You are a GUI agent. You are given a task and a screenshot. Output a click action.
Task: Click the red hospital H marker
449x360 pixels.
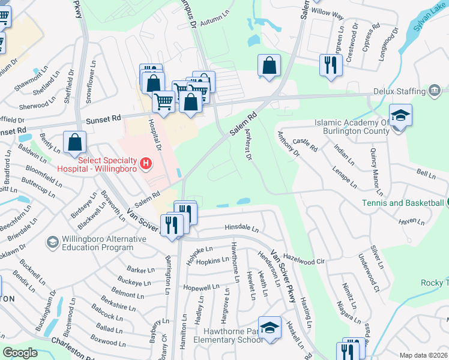click(145, 163)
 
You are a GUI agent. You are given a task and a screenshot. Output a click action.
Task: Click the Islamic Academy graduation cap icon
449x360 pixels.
click(400, 115)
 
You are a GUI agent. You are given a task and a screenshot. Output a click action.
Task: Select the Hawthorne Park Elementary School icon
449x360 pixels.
click(270, 328)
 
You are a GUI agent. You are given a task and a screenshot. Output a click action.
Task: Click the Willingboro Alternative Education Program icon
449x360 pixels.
click(52, 242)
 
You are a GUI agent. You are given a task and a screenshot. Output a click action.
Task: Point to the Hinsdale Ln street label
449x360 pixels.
click(241, 229)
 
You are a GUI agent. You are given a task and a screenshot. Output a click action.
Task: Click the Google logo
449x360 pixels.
click(20, 353)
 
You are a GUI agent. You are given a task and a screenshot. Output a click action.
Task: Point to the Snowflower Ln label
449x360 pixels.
click(91, 83)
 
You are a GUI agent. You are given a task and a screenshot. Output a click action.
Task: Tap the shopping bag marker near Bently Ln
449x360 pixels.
click(76, 143)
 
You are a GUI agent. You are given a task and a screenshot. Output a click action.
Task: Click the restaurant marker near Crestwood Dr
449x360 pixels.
click(330, 65)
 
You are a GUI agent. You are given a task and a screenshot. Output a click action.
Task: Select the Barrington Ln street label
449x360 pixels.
click(168, 276)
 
